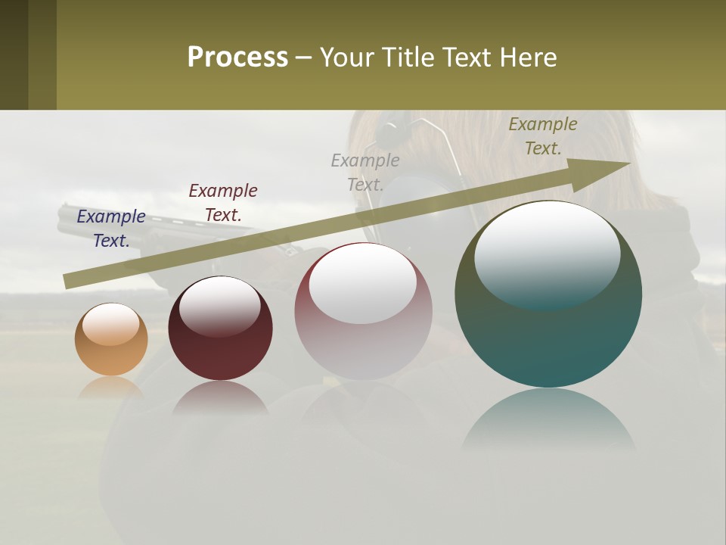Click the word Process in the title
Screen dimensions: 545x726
pyautogui.click(x=237, y=58)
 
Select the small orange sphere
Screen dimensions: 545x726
pyautogui.click(x=111, y=340)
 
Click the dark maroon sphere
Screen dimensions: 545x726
pyautogui.click(x=220, y=329)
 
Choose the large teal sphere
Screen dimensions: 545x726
pyautogui.click(x=548, y=294)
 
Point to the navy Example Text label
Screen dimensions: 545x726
pyautogui.click(x=111, y=228)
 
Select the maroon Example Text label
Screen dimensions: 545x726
pyautogui.click(x=223, y=202)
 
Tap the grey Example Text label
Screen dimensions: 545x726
pyautogui.click(x=365, y=172)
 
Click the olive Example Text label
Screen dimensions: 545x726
pyautogui.click(x=543, y=136)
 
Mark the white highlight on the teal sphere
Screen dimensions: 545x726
pyautogui.click(x=547, y=254)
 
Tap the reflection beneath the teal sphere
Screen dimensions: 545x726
pyautogui.click(x=548, y=420)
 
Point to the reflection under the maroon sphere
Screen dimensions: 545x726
pyautogui.click(x=220, y=397)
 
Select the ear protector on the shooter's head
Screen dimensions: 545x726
pyautogui.click(x=393, y=132)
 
